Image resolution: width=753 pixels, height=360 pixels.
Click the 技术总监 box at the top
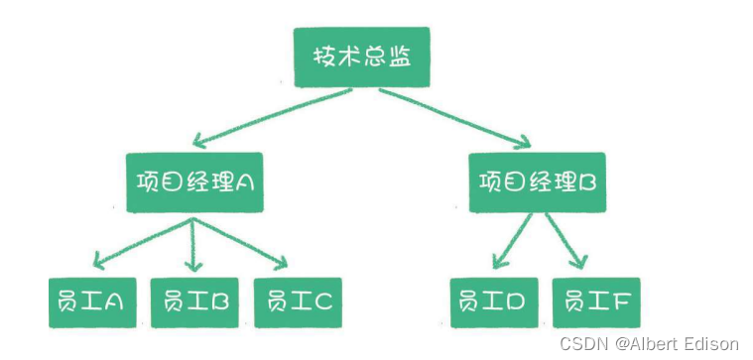tap(364, 59)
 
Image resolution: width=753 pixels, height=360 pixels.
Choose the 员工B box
tap(194, 300)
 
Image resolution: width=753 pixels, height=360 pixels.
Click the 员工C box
tap(299, 300)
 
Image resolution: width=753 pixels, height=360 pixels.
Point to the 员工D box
tap(494, 300)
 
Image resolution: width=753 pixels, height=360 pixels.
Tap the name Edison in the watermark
tap(713, 343)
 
